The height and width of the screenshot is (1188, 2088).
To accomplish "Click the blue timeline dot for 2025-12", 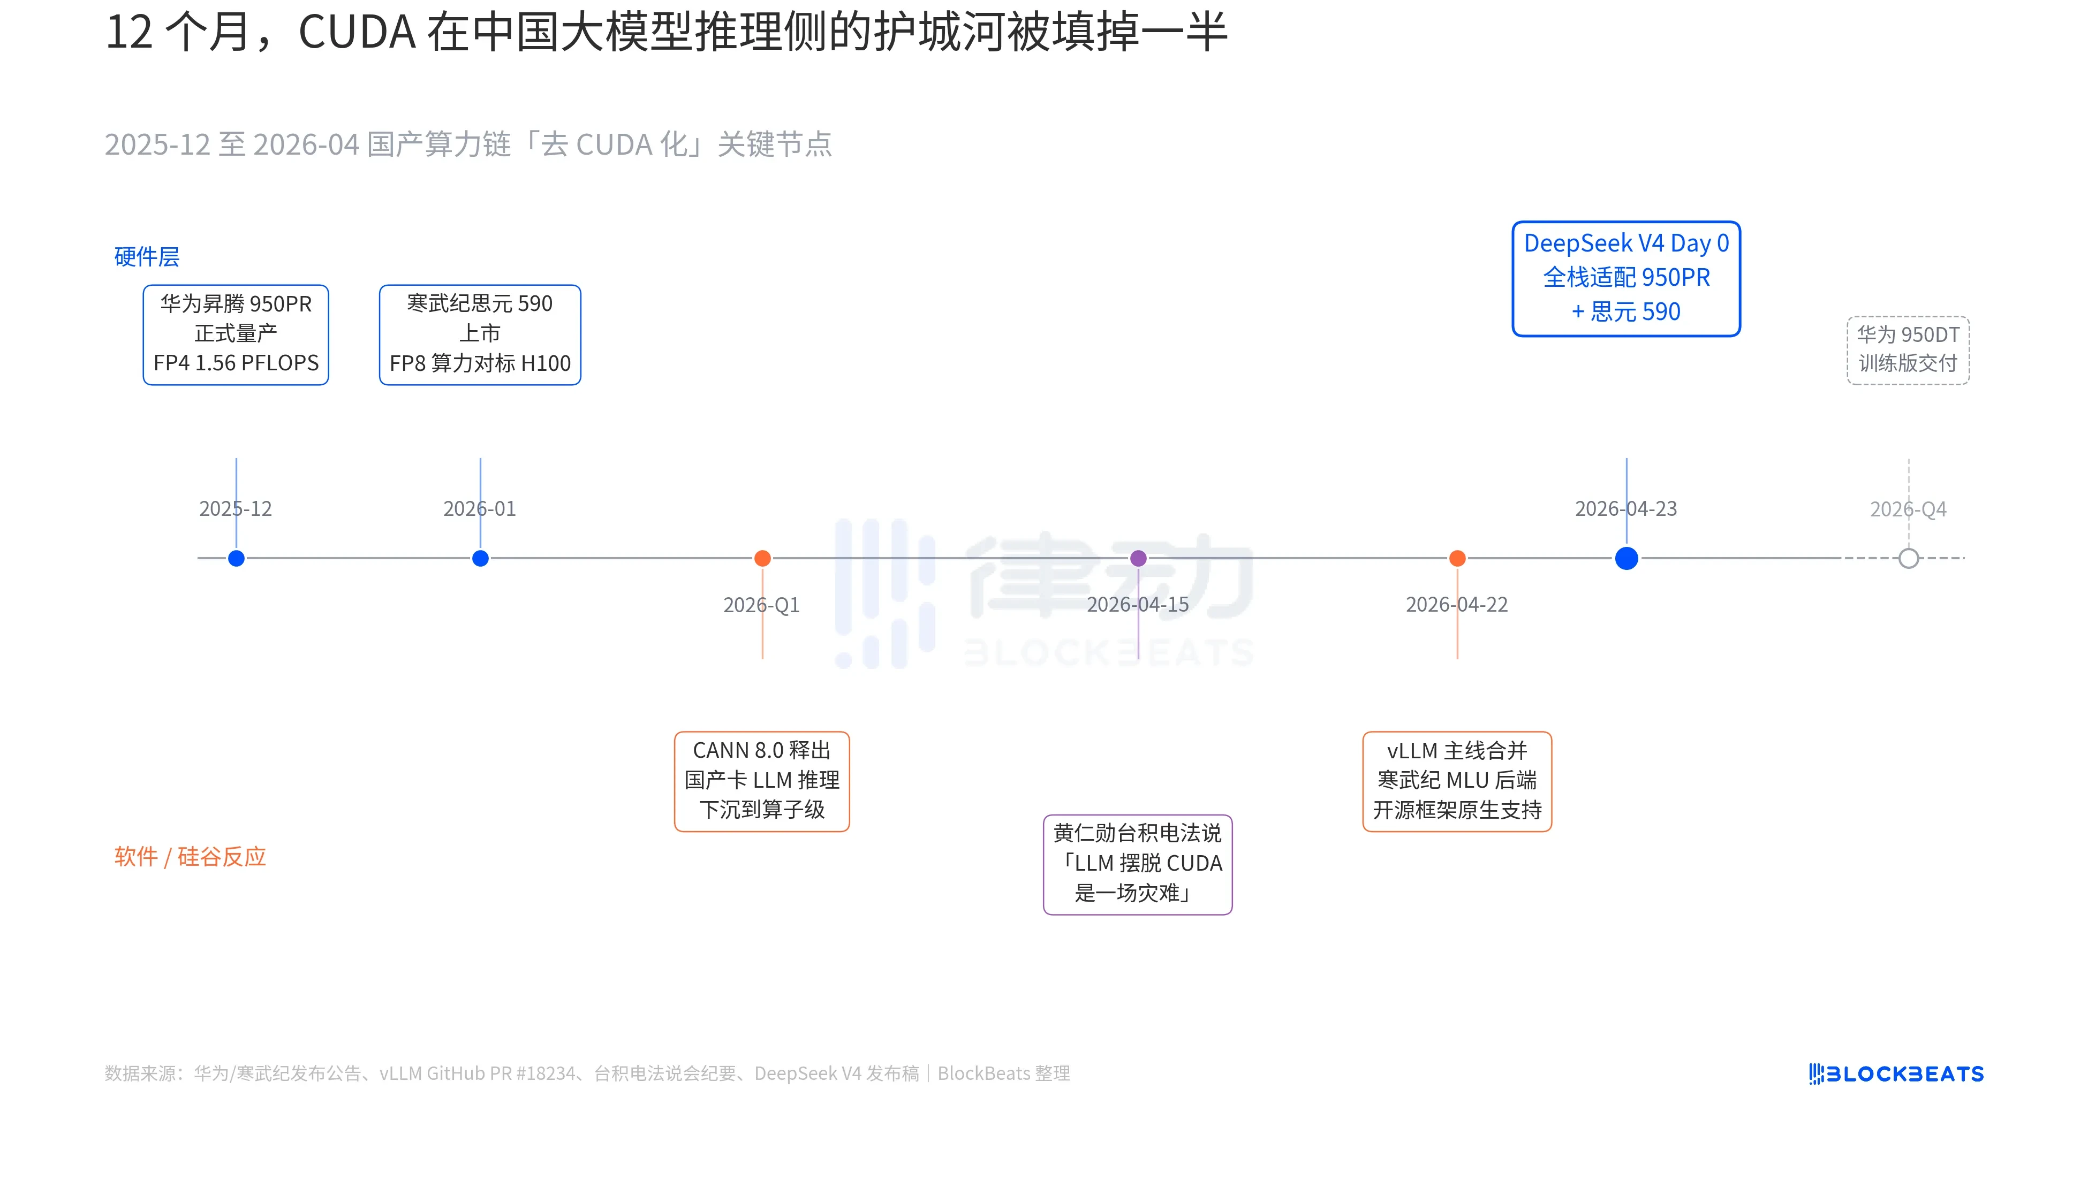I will click(236, 558).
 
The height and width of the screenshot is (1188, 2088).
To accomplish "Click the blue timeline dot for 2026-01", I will click(480, 558).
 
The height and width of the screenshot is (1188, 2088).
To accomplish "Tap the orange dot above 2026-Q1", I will click(762, 558).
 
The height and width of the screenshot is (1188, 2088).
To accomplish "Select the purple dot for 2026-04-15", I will click(1138, 558).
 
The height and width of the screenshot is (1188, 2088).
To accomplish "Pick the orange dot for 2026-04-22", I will click(1457, 558).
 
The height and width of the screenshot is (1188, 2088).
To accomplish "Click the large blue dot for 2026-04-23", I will click(1626, 558).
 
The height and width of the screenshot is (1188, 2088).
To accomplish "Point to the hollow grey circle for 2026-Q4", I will click(1909, 558).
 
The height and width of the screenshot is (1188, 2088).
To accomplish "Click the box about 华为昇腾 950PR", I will click(236, 334).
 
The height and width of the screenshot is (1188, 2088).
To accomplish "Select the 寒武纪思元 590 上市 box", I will click(480, 334).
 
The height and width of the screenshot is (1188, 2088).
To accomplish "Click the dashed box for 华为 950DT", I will click(1909, 350).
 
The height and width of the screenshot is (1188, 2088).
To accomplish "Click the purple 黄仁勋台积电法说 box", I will click(1137, 864).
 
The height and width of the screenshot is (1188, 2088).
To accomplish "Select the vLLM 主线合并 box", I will click(1457, 781).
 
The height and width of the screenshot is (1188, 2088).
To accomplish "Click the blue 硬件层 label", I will click(147, 257).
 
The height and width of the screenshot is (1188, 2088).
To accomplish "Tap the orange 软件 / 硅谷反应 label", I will click(190, 857).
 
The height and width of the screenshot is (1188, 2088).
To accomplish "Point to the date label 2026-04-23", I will click(1626, 509).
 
